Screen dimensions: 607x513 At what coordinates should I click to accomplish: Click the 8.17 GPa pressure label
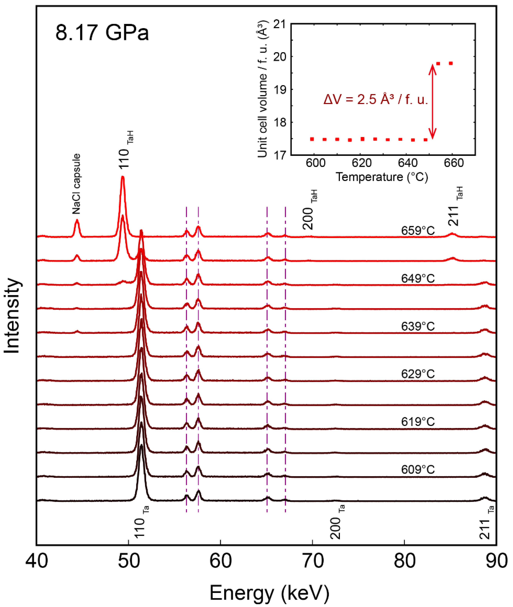tap(102, 33)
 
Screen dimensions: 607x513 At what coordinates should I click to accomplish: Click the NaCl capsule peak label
tap(76, 184)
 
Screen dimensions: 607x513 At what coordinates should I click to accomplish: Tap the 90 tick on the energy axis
tap(497, 561)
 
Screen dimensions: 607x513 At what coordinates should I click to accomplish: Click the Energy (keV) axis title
tap(269, 593)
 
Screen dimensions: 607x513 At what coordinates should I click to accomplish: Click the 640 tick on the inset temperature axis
tap(408, 163)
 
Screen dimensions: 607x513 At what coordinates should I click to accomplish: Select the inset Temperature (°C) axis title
tap(382, 177)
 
